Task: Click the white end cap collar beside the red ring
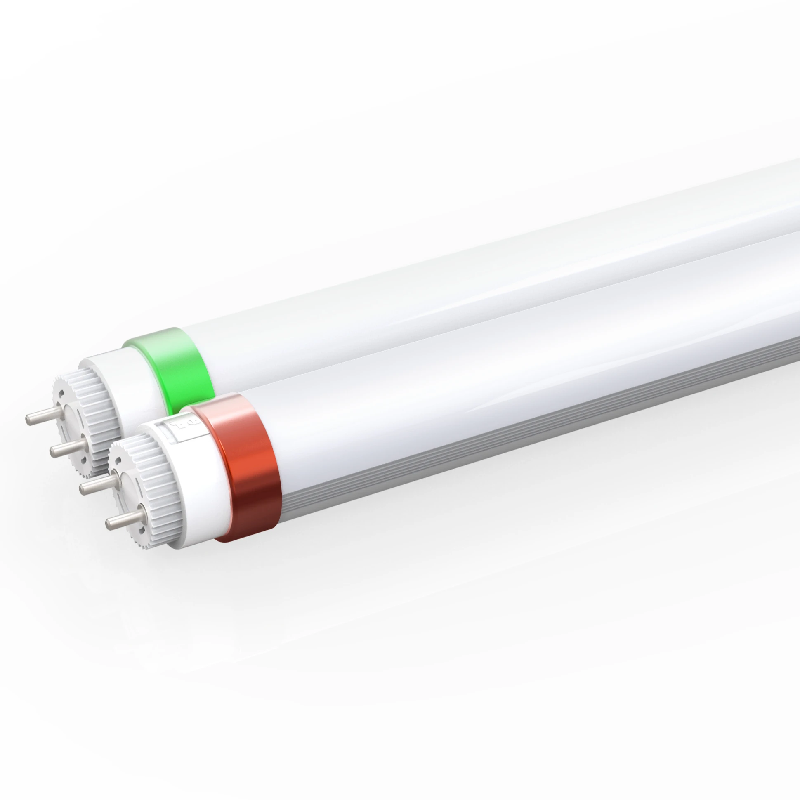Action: [195, 476]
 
